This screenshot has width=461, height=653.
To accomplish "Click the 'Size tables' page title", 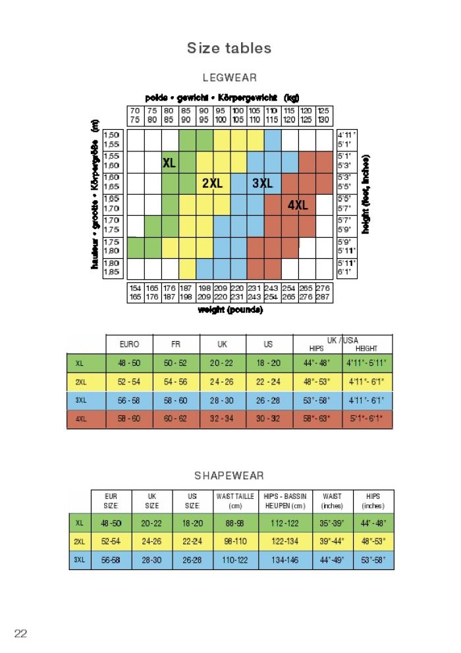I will coord(229,48).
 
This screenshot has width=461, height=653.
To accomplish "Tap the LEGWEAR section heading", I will coord(229,78).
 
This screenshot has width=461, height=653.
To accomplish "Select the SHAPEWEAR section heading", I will coord(229,475).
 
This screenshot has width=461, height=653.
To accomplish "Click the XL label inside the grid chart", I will coord(169,163).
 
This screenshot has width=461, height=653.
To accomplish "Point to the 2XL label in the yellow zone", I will coord(212,184).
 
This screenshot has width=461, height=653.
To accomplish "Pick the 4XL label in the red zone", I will coord(298,205).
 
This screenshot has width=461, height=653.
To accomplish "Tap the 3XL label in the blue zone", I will coord(263,184).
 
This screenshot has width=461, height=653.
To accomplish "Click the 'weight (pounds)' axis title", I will coord(230,309).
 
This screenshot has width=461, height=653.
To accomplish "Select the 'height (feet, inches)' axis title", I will coord(366,194).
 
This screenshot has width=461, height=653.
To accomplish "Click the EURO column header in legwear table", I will coord(129,344).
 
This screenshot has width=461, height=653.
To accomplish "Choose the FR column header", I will coord(176,344).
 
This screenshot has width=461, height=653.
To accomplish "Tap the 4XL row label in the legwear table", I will coord(80,419).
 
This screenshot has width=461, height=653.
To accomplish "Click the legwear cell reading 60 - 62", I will coord(176,419).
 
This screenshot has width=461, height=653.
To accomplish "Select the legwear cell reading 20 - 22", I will coord(222,363).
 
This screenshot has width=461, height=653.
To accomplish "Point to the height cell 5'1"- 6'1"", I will coord(366,419).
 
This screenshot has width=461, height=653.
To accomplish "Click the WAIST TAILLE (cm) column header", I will coord(235,501).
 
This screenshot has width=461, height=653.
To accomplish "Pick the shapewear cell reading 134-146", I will coord(285,560).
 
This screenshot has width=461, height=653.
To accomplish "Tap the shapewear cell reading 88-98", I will coord(235,523).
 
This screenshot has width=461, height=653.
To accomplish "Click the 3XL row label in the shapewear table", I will coord(80,560).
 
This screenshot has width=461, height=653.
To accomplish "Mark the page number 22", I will coord(20,633).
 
